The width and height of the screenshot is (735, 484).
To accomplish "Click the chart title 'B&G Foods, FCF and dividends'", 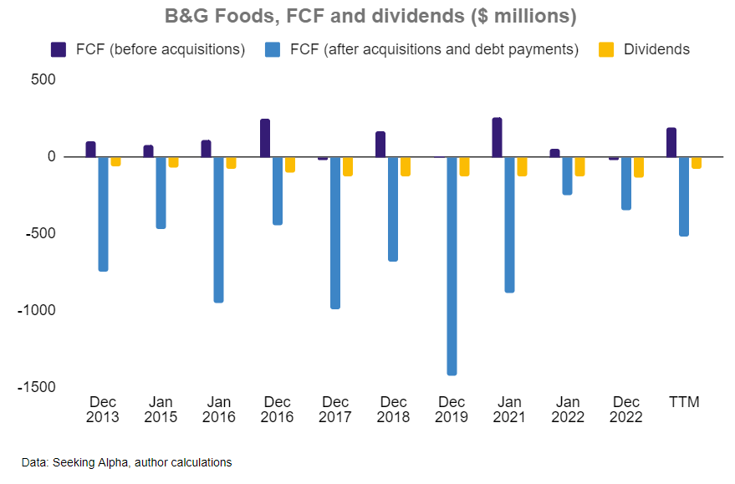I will coord(367,17).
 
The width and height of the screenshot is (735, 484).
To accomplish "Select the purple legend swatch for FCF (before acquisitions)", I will coord(59,49).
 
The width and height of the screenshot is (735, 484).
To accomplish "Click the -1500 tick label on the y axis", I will coord(37,387).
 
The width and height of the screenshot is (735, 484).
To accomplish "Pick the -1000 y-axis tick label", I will coord(37,310).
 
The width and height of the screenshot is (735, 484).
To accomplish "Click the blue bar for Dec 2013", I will coord(103,214).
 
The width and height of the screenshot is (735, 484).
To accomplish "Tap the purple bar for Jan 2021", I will coord(497,137).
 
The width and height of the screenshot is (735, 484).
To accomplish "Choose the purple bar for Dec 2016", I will coord(265,138).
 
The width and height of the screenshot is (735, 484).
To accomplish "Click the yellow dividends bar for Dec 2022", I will coord(638,166).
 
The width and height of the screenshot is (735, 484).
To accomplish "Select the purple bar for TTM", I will coord(671,142).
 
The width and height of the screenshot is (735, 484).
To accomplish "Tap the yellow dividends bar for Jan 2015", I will coord(173,162).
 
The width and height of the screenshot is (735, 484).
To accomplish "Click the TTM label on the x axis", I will coord(683,402).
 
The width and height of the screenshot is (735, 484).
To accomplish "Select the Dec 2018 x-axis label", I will coord(393,410).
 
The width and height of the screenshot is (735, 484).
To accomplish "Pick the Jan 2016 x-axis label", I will coord(219,410).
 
